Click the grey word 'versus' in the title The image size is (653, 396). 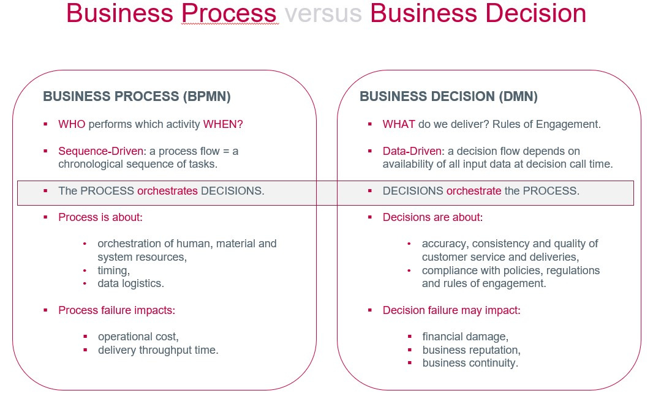tap(323, 13)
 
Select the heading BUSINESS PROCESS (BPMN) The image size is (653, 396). tap(137, 97)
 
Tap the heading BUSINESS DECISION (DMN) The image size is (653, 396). tap(448, 97)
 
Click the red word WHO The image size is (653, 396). tap(72, 124)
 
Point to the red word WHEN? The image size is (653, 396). tap(223, 124)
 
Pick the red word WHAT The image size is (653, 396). tap(399, 124)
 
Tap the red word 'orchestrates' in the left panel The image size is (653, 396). tap(167, 191)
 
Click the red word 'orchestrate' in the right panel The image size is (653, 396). tap(474, 191)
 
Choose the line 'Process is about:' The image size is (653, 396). tap(100, 217)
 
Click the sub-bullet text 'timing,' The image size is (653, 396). tap(114, 271)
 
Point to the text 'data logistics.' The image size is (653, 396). tap(130, 283)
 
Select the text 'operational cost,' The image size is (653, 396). tap(138, 337)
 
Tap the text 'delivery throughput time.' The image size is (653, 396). tap(158, 350)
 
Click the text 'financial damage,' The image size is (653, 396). tap(465, 337)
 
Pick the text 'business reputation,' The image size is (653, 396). tap(471, 350)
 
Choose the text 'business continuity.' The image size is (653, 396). tap(470, 363)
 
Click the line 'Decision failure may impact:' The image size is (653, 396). tap(451, 310)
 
